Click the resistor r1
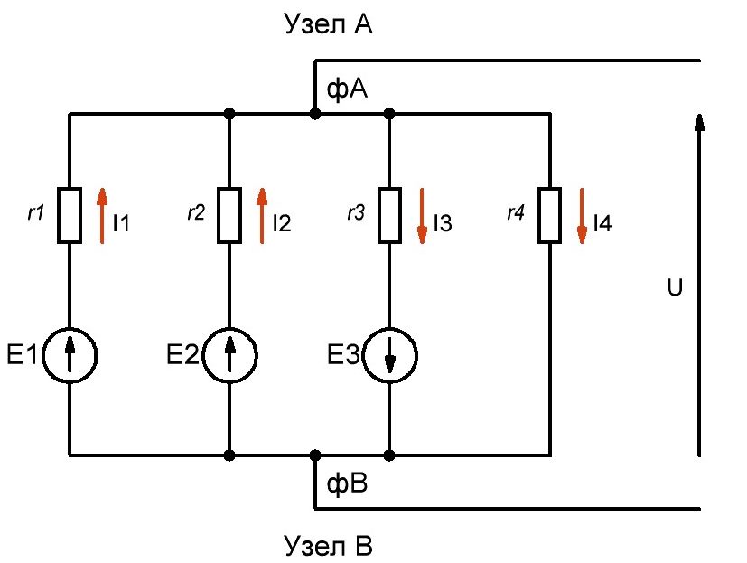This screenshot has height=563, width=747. click(x=70, y=215)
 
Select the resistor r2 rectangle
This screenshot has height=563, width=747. click(x=229, y=215)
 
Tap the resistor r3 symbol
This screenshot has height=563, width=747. click(x=389, y=215)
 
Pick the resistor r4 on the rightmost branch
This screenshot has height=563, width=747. click(x=549, y=215)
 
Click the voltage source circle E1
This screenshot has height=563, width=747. click(x=70, y=356)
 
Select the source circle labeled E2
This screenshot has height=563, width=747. click(x=229, y=356)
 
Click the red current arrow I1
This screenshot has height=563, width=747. click(x=102, y=215)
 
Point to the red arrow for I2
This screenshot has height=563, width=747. click(x=262, y=215)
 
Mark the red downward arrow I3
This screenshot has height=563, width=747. click(x=422, y=215)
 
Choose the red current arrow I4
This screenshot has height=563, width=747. click(x=582, y=215)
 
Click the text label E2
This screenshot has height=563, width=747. click(x=182, y=356)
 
